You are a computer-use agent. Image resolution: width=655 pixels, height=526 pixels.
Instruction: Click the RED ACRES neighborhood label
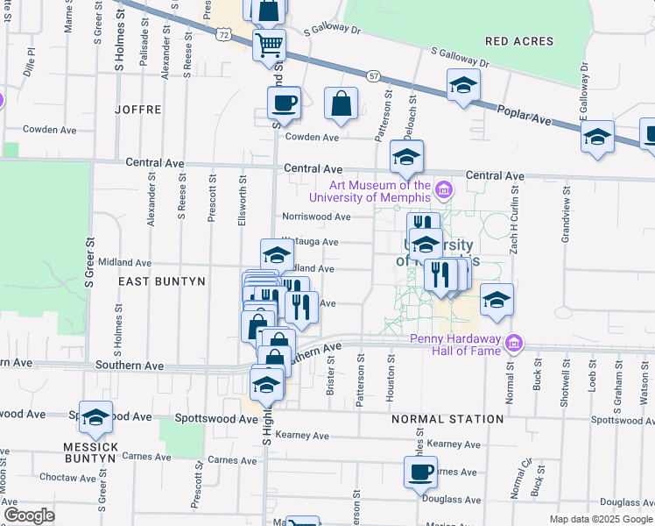point(519,41)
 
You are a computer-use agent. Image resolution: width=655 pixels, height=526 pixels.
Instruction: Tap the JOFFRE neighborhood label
point(137,110)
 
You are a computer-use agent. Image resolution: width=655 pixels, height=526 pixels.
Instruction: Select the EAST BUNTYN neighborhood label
point(161,281)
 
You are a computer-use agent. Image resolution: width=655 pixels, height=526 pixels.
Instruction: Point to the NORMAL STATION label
point(447,419)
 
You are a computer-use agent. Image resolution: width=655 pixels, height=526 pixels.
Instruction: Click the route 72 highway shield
point(224,35)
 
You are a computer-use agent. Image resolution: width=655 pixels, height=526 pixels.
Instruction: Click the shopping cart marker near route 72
point(270,44)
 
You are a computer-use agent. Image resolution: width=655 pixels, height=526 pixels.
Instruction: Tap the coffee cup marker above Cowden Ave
point(284,103)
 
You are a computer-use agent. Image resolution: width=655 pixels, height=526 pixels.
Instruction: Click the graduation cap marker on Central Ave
point(406,157)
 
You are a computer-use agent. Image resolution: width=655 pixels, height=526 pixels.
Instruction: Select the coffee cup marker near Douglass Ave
point(420,472)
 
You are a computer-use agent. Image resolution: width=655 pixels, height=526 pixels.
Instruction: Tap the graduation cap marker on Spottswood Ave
point(95,419)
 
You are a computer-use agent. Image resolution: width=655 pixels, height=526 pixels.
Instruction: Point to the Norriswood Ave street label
point(315,217)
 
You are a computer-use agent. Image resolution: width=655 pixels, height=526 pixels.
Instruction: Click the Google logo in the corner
point(29,515)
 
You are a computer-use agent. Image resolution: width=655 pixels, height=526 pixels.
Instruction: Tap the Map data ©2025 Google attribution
point(601,519)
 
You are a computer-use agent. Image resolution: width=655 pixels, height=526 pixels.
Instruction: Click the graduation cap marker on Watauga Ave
point(277,256)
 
